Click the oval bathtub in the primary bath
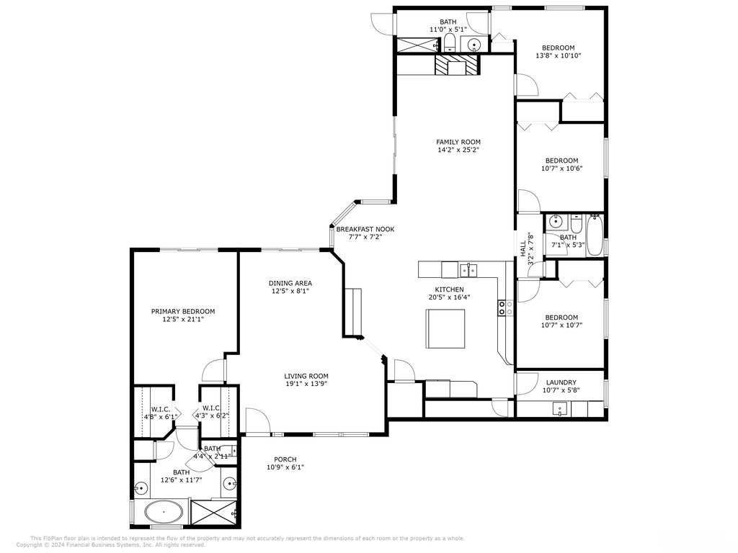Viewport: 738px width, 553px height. pyautogui.click(x=164, y=513)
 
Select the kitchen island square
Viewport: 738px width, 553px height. pyautogui.click(x=442, y=326)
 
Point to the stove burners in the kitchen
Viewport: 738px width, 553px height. pyautogui.click(x=504, y=308)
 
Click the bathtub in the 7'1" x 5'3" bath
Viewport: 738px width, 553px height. pyautogui.click(x=595, y=235)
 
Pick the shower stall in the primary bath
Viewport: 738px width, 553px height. pyautogui.click(x=214, y=513)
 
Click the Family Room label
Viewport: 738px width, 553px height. pyautogui.click(x=458, y=142)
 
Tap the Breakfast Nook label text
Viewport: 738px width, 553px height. pyautogui.click(x=365, y=229)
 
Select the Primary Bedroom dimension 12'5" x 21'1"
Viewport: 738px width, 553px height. pyautogui.click(x=182, y=319)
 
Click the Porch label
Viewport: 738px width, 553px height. pyautogui.click(x=285, y=459)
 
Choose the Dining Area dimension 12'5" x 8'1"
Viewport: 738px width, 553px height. pyautogui.click(x=290, y=292)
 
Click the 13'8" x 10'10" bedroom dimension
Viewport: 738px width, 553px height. pyautogui.click(x=559, y=55)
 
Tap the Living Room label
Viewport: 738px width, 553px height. pyautogui.click(x=306, y=376)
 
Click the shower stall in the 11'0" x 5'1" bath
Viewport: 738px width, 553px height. pyautogui.click(x=416, y=45)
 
